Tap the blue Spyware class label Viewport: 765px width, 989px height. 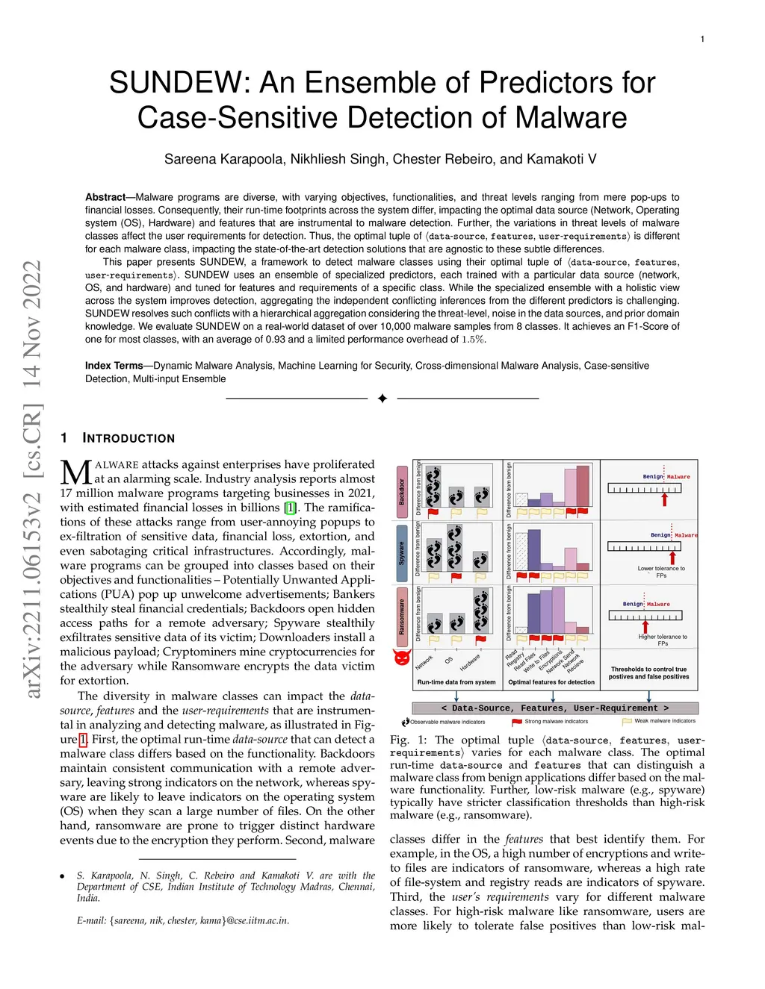tap(401, 553)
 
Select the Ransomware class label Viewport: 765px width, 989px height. tap(401, 617)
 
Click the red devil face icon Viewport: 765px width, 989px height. tap(402, 658)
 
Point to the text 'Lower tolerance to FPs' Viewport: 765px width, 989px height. tap(661, 572)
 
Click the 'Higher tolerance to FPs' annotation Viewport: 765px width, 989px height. tap(663, 640)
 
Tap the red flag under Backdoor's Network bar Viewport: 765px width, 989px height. tap(433, 512)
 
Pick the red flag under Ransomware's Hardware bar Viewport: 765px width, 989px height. tap(481, 640)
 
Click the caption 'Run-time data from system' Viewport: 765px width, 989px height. tap(456, 682)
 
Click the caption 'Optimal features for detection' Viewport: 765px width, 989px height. tap(551, 682)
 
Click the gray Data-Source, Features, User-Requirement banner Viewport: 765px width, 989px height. tap(555, 708)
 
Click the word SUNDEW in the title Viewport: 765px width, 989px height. tap(178, 83)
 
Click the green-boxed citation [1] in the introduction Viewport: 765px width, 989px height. tap(291, 508)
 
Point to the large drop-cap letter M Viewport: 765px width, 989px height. tap(75, 473)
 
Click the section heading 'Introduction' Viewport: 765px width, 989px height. tap(128, 438)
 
